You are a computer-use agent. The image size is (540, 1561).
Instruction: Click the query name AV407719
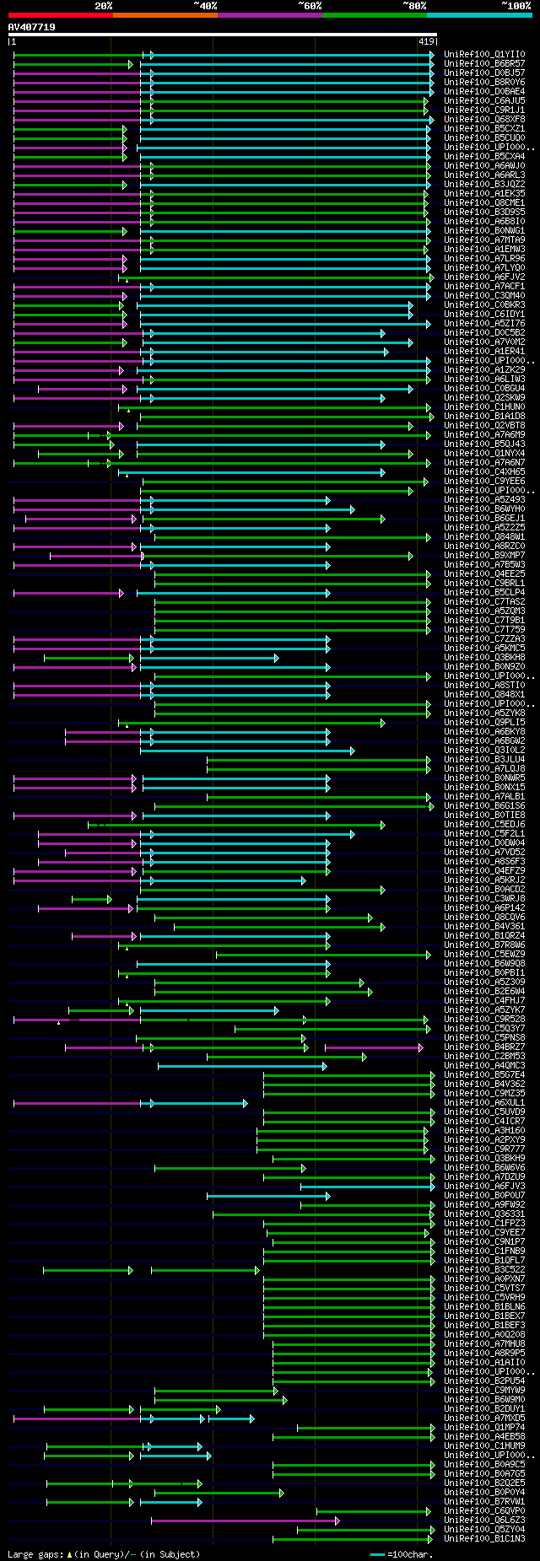pyautogui.click(x=32, y=27)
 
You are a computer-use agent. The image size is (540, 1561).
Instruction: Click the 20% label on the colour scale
pyautogui.click(x=103, y=6)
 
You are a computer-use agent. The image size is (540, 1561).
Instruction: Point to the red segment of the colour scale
pyautogui.click(x=60, y=15)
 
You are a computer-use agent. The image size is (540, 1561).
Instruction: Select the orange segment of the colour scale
pyautogui.click(x=165, y=15)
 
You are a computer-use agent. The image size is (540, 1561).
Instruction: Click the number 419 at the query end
pyautogui.click(x=426, y=41)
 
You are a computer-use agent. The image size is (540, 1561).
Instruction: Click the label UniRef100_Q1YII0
pyautogui.click(x=484, y=55)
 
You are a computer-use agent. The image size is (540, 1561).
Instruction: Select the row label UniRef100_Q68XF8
pyautogui.click(x=484, y=120)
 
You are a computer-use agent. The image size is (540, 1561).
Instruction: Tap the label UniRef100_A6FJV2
pyautogui.click(x=484, y=277)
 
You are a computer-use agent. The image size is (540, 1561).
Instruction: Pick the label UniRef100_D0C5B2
pyautogui.click(x=484, y=333)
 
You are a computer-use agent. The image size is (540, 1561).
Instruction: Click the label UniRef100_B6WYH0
pyautogui.click(x=484, y=509)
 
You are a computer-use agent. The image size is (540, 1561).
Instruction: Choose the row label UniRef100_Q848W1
pyautogui.click(x=484, y=537)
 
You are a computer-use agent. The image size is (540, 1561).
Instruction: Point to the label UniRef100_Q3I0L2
pyautogui.click(x=484, y=751)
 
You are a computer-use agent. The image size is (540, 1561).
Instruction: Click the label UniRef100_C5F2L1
pyautogui.click(x=484, y=834)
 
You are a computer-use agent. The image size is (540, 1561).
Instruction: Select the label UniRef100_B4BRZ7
pyautogui.click(x=484, y=1047)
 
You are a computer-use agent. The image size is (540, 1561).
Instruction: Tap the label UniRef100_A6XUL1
pyautogui.click(x=484, y=1103)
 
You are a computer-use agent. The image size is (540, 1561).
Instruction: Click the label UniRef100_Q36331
pyautogui.click(x=484, y=1214)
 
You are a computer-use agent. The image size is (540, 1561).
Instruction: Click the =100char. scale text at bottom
pyautogui.click(x=411, y=1554)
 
